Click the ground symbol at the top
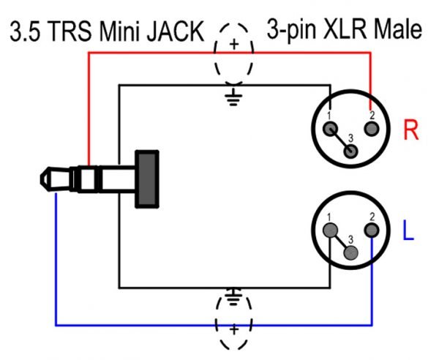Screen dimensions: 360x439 click(233, 96)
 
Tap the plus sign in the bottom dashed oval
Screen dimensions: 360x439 click(234, 330)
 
